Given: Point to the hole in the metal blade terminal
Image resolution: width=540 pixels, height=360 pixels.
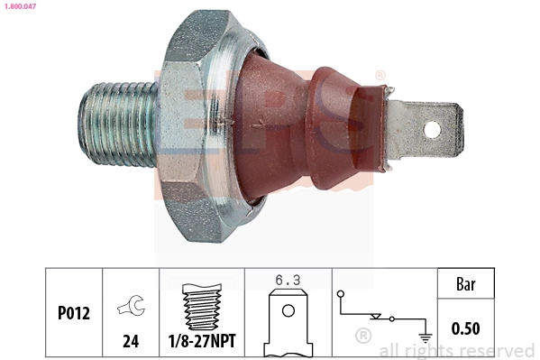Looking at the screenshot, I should coord(433,129).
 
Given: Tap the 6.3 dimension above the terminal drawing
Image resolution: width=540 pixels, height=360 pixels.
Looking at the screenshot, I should coord(288,282).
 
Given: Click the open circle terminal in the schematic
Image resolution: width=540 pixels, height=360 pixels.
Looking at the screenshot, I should coord(341,295).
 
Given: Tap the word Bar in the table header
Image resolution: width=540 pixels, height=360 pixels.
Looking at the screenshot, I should coord(465,286).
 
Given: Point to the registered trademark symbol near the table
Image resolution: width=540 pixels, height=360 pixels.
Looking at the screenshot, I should coord(362,337).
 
